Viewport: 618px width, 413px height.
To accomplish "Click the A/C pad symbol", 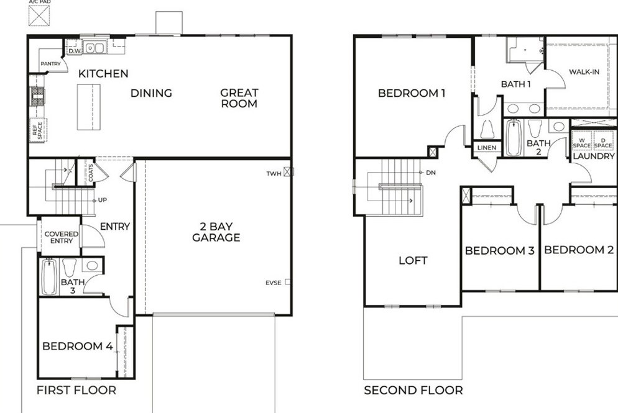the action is click(39, 16).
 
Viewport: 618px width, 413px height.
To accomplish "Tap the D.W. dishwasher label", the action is click(75, 51).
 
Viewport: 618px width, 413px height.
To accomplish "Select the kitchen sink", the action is click(95, 48).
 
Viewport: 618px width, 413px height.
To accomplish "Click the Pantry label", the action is click(50, 64).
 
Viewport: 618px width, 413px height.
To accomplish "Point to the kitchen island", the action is click(88, 107).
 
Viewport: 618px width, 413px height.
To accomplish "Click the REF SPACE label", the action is click(37, 130).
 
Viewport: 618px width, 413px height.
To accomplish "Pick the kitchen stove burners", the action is click(38, 97).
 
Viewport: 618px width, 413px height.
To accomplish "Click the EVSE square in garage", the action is click(288, 282).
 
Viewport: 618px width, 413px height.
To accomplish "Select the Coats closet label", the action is click(91, 173).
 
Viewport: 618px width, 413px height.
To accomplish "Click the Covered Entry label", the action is click(61, 237).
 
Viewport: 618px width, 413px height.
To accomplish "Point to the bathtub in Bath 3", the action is click(49, 276).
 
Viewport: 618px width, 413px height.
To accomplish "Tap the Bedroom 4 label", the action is click(78, 346).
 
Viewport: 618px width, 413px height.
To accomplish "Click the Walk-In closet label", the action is click(584, 71).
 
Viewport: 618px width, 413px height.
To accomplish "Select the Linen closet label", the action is click(487, 148).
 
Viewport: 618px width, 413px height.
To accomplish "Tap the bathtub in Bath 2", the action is click(514, 137).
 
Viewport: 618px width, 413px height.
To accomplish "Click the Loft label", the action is click(413, 260).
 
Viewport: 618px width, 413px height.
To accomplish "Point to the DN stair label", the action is click(431, 173).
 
